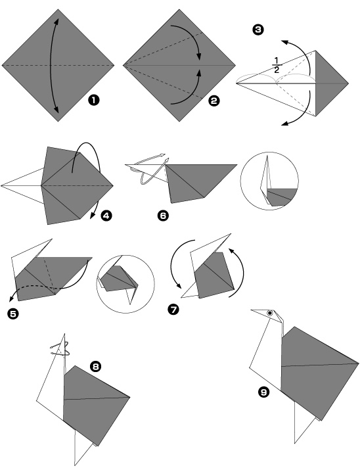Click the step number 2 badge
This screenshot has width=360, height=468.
[214, 101]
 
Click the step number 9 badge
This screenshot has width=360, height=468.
[263, 392]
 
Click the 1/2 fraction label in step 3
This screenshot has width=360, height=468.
[277, 65]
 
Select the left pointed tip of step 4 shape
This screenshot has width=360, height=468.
[3, 185]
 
